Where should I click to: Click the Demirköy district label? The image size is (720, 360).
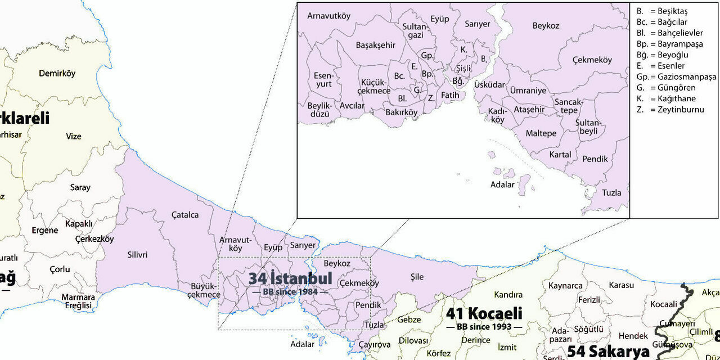point(57,73)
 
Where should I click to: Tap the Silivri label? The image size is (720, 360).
point(137,255)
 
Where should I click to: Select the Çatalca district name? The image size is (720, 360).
point(185,215)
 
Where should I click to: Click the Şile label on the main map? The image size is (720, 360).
point(417,277)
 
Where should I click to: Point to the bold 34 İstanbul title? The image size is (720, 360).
point(290,278)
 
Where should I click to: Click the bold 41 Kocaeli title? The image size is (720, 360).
point(484,313)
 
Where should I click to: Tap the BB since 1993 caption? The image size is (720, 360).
point(484,326)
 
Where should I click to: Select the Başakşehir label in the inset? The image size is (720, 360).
point(376,45)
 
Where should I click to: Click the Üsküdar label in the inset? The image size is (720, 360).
point(489,84)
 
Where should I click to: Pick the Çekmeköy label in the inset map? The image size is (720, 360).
point(592,60)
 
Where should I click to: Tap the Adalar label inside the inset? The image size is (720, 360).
point(502,184)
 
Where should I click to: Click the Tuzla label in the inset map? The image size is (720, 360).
point(611,192)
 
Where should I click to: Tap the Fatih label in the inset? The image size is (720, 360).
point(450,95)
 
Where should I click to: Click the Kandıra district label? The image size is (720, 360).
point(508,295)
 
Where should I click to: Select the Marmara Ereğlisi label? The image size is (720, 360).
point(78,301)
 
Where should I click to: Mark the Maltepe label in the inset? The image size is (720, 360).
point(541,133)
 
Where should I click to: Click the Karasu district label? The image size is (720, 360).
point(621,285)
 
